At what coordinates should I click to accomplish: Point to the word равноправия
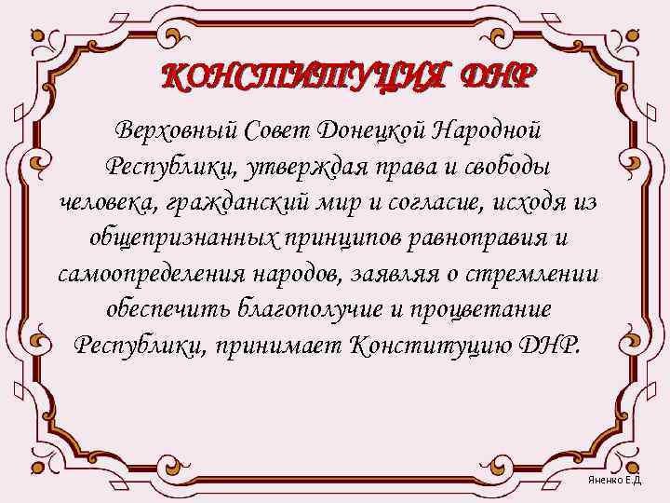click(469, 238)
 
